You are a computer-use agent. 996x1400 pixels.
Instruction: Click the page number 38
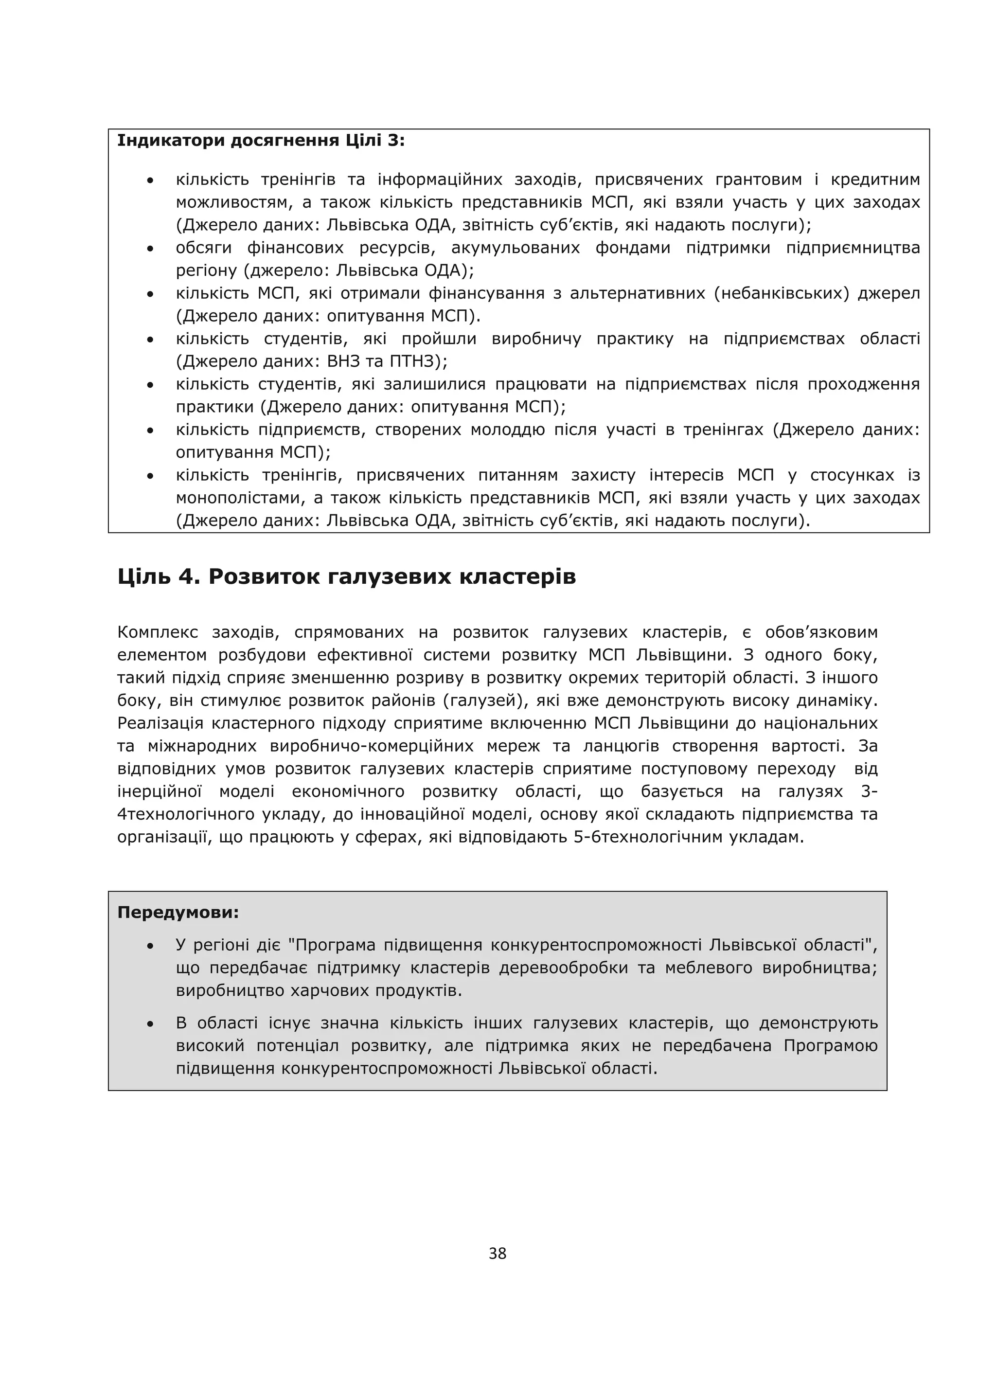pyautogui.click(x=498, y=1254)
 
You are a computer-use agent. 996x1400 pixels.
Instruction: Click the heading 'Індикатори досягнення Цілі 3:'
pyautogui.click(x=261, y=141)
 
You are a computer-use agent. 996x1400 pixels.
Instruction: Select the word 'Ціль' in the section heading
pyautogui.click(x=144, y=577)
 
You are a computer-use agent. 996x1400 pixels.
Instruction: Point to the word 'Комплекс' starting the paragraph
pyautogui.click(x=158, y=632)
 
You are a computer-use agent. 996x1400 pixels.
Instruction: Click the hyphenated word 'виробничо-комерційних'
pyautogui.click(x=372, y=746)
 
